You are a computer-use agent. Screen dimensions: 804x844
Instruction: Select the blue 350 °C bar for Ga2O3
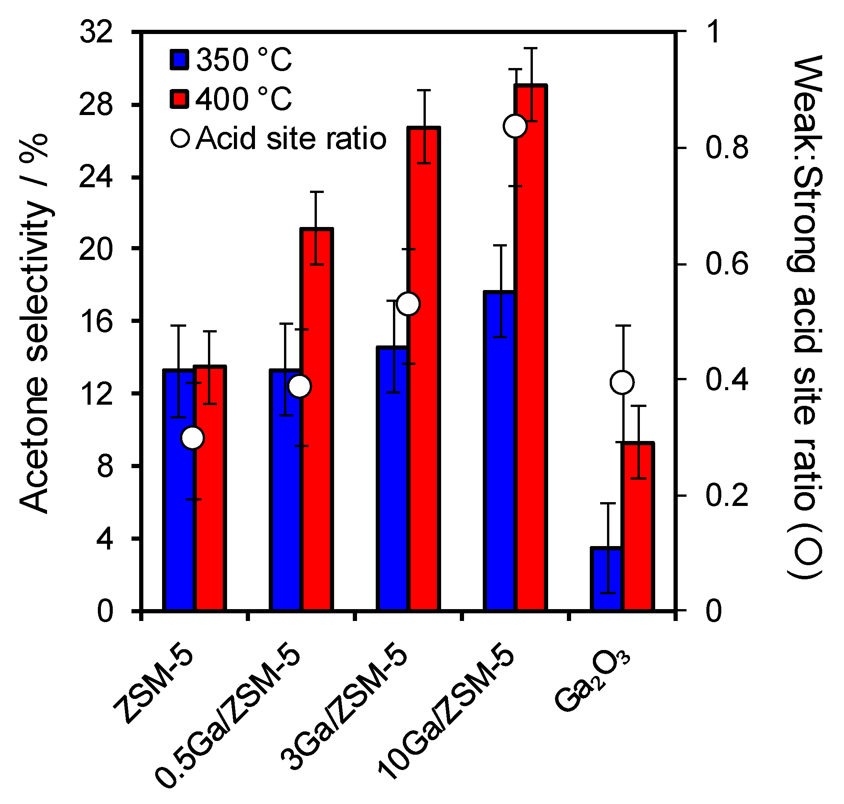tap(607, 579)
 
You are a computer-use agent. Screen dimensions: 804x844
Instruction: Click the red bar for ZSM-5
tap(210, 489)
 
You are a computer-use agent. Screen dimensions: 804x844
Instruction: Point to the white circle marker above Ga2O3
tap(622, 382)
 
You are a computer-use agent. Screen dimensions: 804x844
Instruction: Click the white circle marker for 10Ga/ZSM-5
tap(515, 126)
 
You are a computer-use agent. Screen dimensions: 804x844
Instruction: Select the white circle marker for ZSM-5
tap(193, 438)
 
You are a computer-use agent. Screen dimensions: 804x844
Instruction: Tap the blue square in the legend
tap(179, 60)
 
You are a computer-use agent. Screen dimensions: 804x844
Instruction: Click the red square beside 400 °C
tap(179, 99)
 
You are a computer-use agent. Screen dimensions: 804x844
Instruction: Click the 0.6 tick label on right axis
tap(727, 264)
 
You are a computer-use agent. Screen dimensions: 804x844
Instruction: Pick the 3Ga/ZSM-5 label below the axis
tap(343, 707)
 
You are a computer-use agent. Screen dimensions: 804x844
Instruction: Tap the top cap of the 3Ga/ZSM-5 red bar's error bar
tap(424, 91)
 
